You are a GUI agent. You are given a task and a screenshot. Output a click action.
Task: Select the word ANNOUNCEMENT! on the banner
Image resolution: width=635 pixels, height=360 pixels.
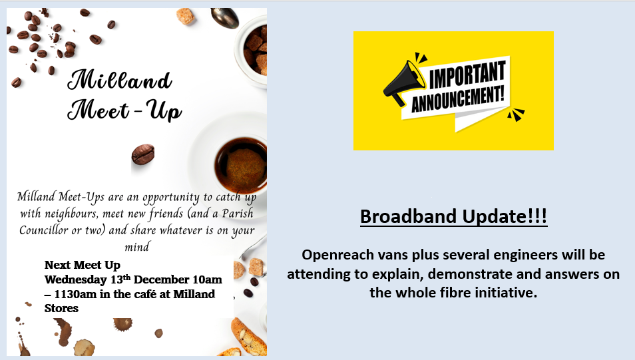[458, 98]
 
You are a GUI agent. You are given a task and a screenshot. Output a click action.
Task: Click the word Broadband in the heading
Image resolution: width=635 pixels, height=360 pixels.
[409, 216]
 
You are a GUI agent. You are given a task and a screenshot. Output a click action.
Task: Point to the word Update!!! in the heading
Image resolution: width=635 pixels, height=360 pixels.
[505, 216]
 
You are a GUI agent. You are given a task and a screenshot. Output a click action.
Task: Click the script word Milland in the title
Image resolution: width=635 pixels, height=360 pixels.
[120, 79]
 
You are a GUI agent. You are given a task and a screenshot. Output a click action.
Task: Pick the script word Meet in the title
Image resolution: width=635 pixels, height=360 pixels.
[99, 110]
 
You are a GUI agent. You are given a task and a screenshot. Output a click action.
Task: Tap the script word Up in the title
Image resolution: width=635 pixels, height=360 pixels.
[164, 110]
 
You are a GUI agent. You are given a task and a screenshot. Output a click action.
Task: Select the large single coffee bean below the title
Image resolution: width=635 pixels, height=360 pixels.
[143, 154]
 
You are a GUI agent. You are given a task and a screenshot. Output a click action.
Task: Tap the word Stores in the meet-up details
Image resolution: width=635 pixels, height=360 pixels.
[61, 308]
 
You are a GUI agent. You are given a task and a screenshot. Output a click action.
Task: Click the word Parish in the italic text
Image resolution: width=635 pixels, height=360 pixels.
[238, 213]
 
